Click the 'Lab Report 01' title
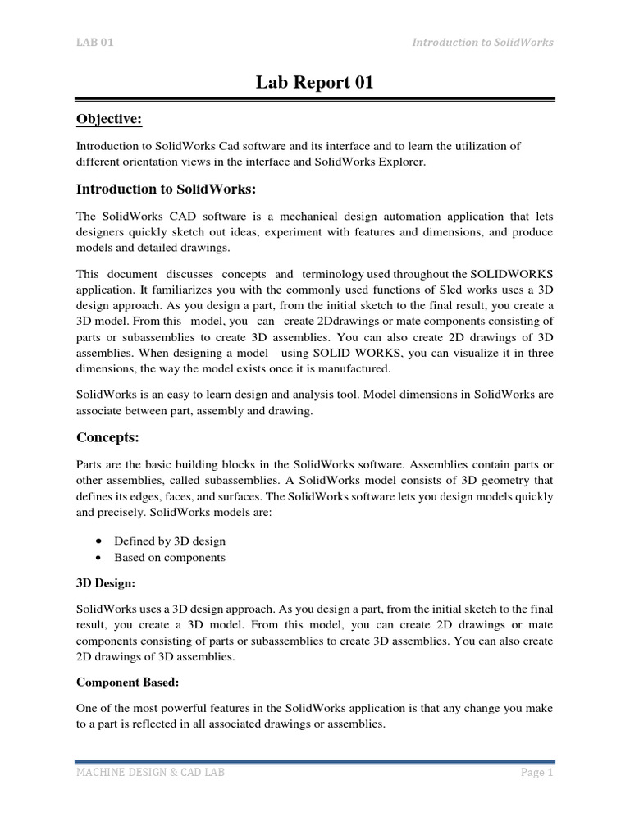tap(315, 82)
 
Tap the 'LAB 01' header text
tap(94, 43)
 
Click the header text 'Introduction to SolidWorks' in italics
tap(482, 43)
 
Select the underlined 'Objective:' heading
tap(109, 120)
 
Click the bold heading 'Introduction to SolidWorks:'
tap(167, 189)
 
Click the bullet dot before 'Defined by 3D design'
tap(98, 541)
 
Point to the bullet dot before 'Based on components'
tap(98, 558)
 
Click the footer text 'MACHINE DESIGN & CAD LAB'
tap(150, 773)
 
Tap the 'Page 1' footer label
tap(537, 773)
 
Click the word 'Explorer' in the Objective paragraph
tap(399, 162)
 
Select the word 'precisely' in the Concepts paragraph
tap(126, 512)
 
